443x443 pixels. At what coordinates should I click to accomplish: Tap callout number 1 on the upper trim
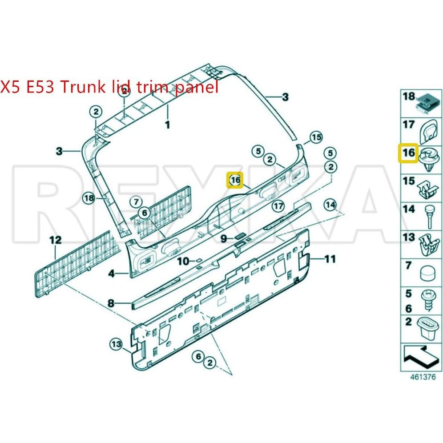point(167,125)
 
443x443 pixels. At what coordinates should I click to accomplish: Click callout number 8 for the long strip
point(111,304)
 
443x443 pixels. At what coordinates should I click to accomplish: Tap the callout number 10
point(183,261)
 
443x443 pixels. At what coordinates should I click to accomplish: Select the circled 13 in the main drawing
point(116,344)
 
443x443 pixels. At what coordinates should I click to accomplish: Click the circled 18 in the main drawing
point(89,198)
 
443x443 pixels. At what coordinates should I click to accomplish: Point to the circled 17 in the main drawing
point(278,206)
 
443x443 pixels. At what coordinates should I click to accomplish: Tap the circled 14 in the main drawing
point(330,205)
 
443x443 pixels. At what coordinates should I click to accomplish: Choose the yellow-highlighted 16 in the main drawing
point(235,180)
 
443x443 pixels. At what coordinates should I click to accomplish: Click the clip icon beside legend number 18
point(427,101)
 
